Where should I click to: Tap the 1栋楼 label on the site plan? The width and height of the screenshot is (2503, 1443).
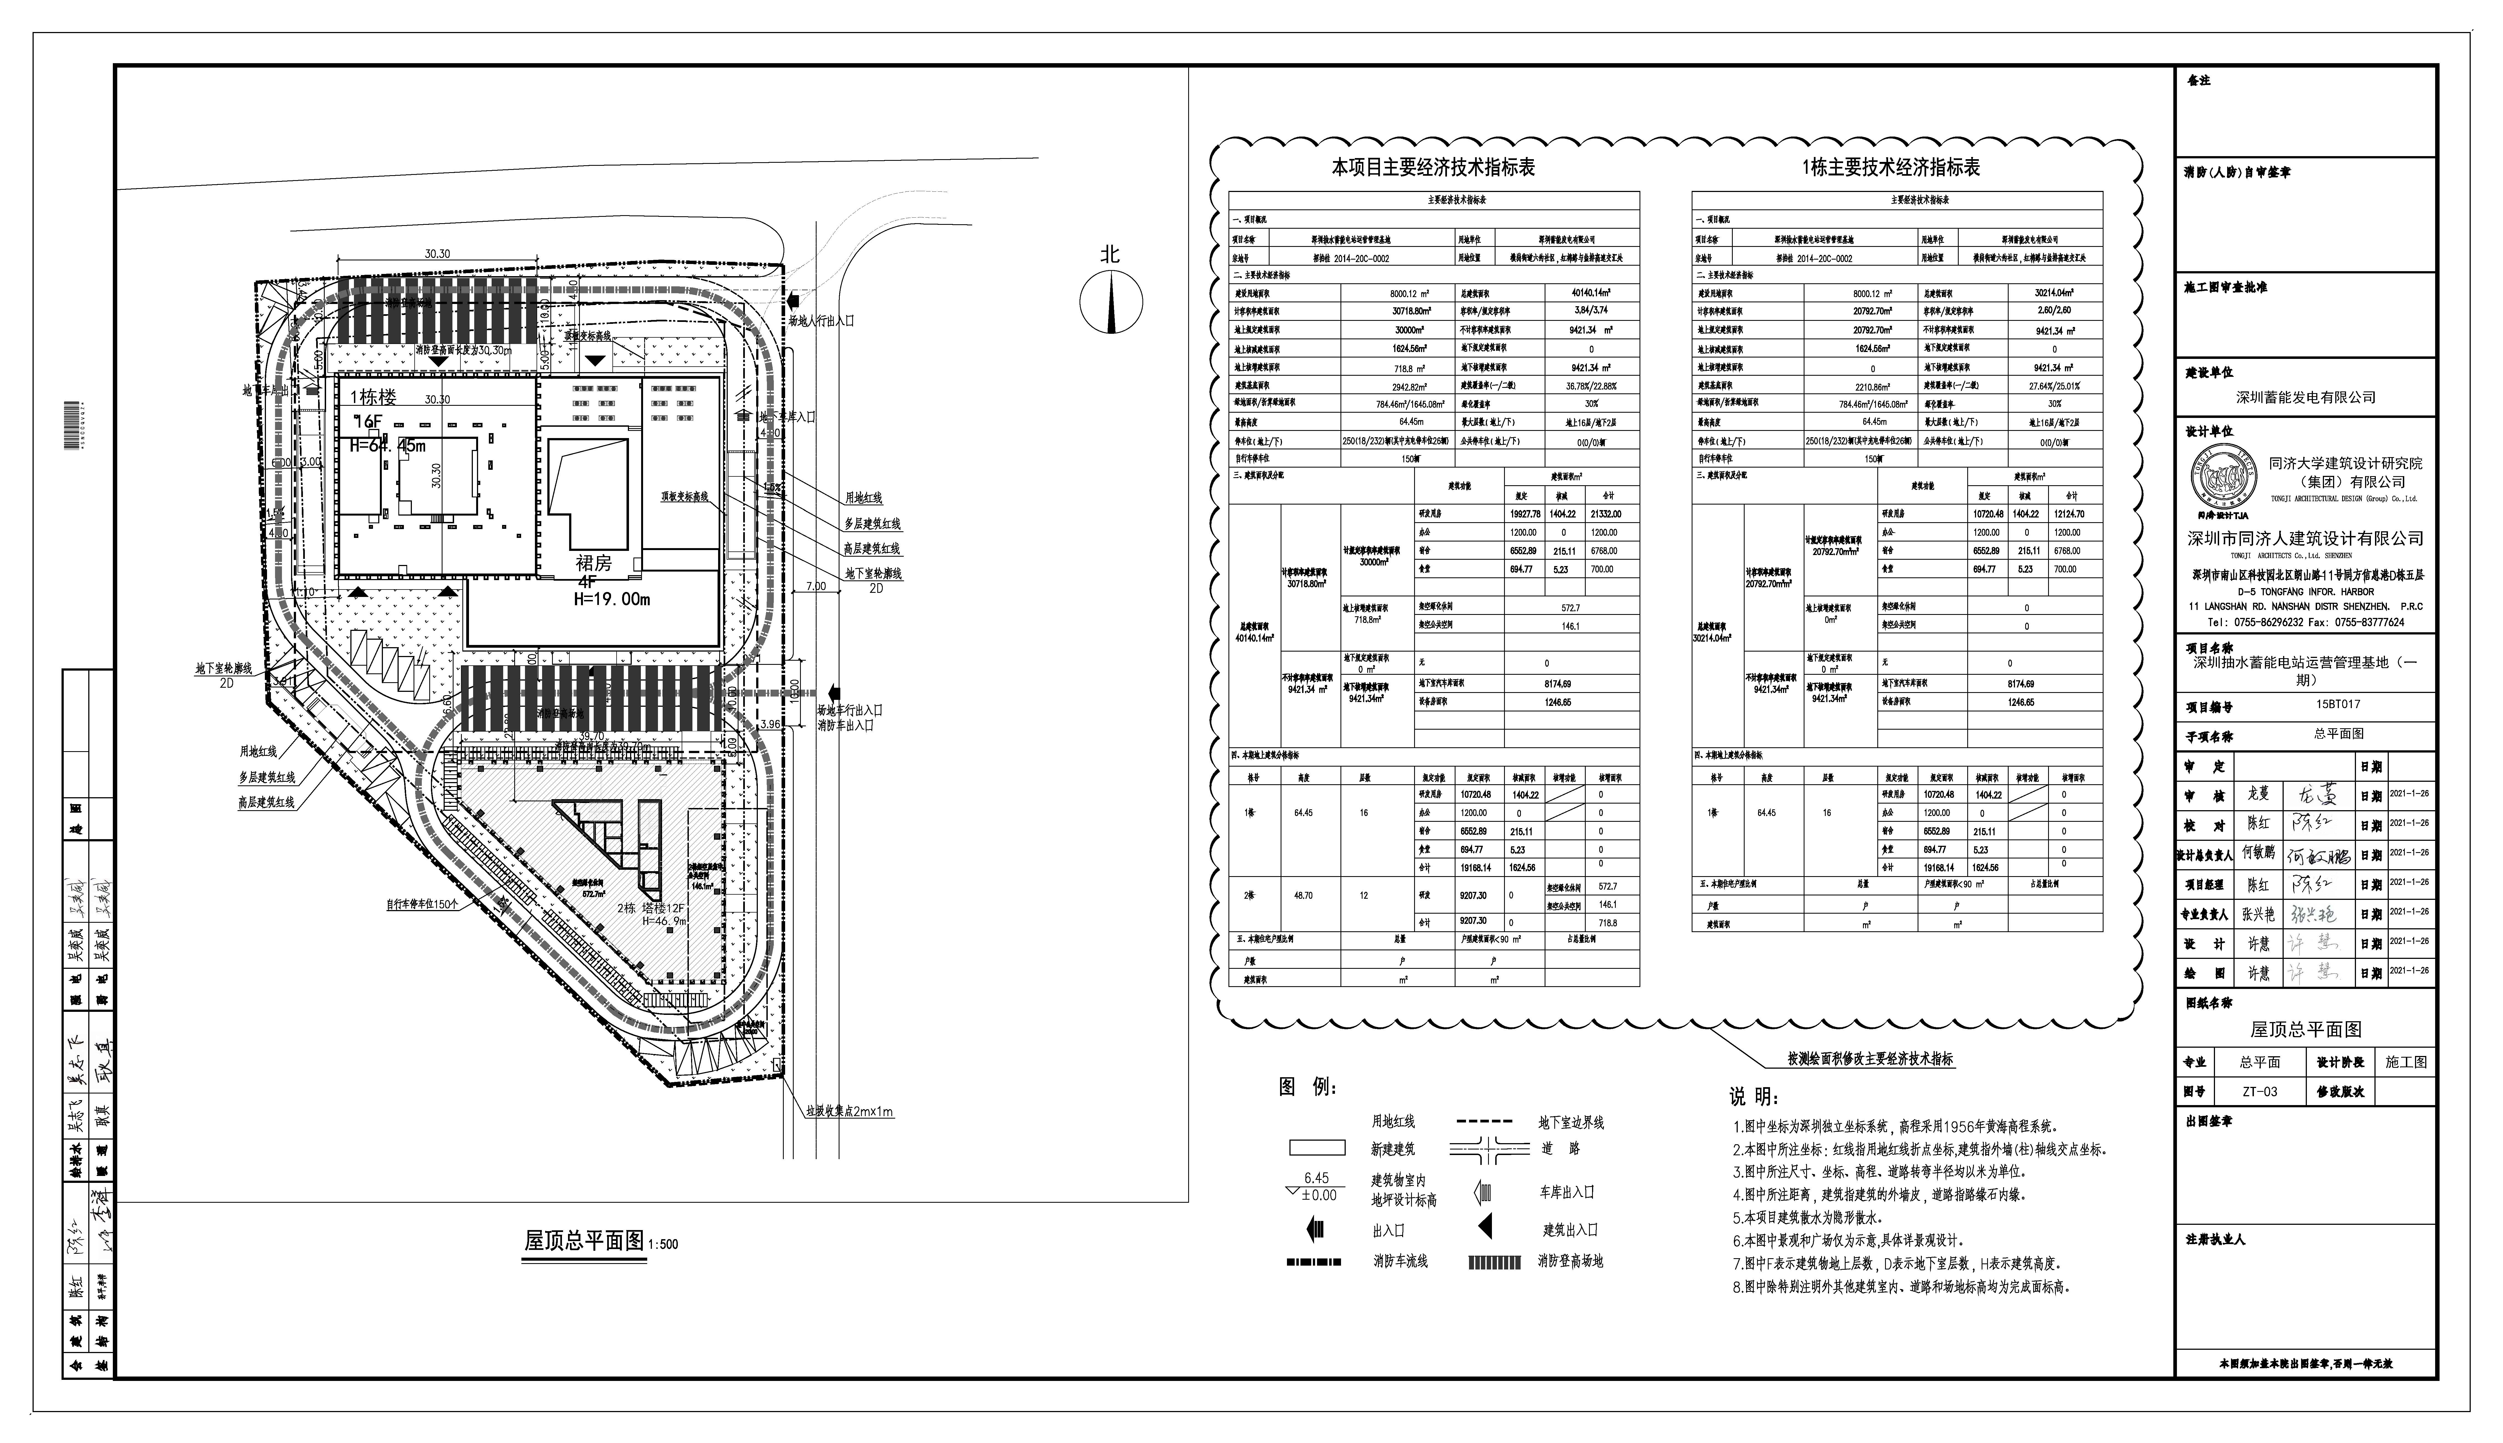(374, 398)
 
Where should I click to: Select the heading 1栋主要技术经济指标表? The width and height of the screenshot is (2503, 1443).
(1891, 167)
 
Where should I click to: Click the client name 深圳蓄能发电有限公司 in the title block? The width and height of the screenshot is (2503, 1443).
(2305, 398)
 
